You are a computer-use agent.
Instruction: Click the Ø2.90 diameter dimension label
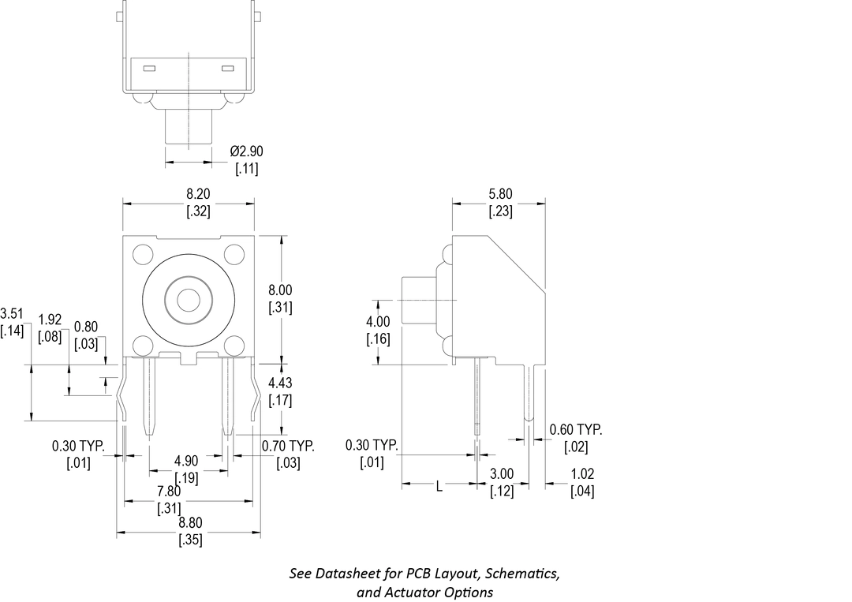[247, 151]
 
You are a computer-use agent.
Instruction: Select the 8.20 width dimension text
[198, 194]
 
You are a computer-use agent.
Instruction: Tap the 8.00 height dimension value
[280, 290]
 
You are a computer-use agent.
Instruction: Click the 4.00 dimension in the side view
[378, 322]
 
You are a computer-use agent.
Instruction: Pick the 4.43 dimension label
[280, 383]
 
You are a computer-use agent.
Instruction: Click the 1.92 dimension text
[50, 320]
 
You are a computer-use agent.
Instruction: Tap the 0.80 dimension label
[86, 327]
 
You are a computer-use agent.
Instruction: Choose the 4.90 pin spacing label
[186, 461]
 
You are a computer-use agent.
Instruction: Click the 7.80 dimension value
[169, 491]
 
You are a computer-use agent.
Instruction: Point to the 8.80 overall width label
[189, 522]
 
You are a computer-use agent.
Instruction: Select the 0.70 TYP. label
[288, 447]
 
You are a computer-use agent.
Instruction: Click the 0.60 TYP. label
[576, 430]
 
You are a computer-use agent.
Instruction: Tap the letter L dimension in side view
[440, 487]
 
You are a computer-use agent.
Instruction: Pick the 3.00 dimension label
[502, 474]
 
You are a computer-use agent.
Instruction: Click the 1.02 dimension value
[582, 474]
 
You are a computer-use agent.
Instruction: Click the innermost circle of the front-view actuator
[188, 300]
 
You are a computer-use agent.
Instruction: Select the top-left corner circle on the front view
[143, 255]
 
